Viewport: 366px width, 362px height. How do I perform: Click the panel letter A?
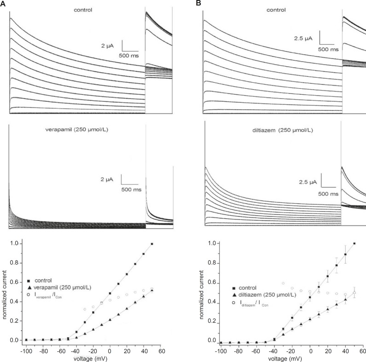(3, 3)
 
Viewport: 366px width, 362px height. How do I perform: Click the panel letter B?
(199, 3)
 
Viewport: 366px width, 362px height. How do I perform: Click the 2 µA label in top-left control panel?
(112, 46)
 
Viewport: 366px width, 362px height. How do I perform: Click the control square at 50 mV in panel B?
(354, 243)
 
